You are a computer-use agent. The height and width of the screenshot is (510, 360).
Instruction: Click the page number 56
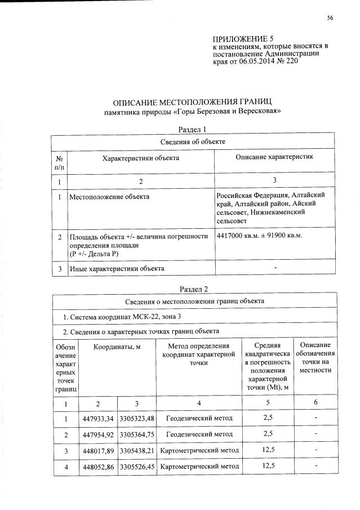[x=330, y=18]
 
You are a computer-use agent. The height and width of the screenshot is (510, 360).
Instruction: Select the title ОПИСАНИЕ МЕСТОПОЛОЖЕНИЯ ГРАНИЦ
[x=193, y=102]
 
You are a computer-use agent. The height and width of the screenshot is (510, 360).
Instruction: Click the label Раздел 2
[x=193, y=289]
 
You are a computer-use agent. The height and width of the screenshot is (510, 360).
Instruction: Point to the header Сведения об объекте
[x=193, y=141]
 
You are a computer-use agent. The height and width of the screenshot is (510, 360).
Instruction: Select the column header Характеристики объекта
[x=140, y=158]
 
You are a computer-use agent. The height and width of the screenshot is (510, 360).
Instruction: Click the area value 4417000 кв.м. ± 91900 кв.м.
[x=260, y=235]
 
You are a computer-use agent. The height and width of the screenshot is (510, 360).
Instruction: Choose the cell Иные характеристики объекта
[x=117, y=268]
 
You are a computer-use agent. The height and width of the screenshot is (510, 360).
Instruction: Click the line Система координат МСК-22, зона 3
[x=118, y=316]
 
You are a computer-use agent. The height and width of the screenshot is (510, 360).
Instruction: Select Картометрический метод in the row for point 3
[x=199, y=451]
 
